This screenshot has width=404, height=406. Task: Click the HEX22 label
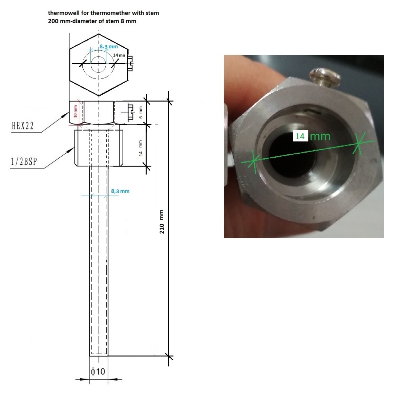[23, 126]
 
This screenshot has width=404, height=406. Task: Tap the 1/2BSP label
[24, 161]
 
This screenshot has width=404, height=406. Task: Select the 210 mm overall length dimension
[162, 222]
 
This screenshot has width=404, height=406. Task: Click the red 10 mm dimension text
[75, 111]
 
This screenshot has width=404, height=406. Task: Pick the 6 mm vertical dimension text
[141, 112]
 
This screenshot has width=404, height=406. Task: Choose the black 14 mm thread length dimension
[141, 148]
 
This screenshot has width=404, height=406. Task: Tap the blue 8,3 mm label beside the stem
[120, 191]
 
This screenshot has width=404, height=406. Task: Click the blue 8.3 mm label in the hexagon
[109, 46]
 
